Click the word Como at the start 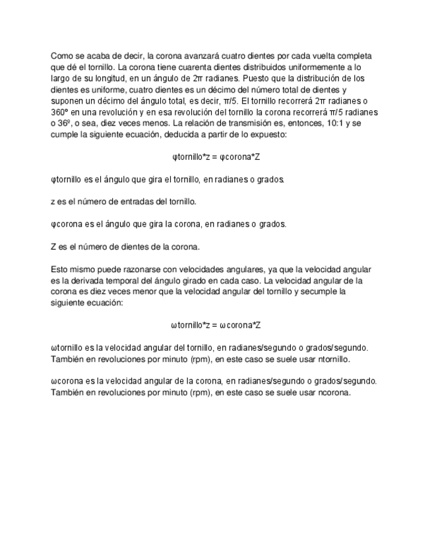point(61,57)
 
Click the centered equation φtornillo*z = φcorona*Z point(216,157)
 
